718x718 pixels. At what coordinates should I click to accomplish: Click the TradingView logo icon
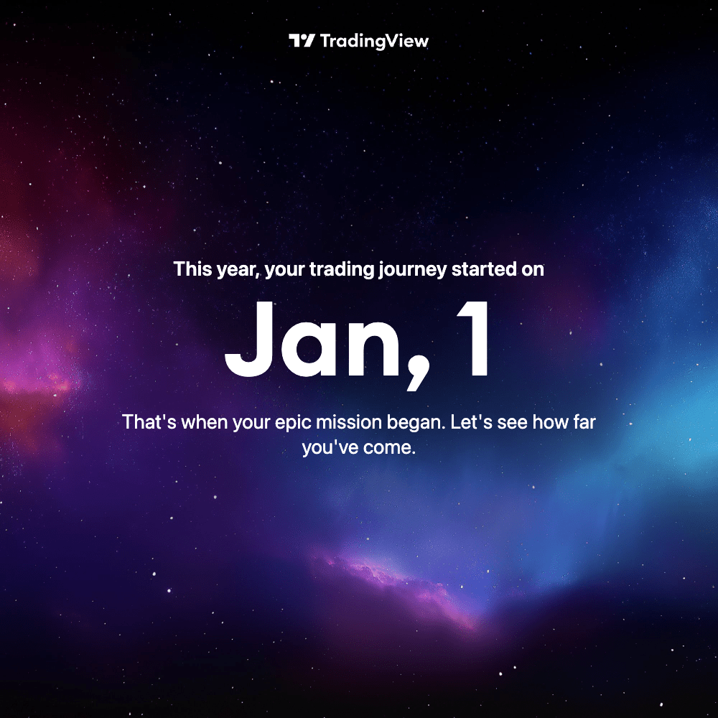tap(302, 41)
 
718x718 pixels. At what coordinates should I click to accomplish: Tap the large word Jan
tap(312, 340)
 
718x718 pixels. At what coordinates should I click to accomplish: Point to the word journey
tap(412, 270)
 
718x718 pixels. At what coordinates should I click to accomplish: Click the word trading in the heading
tap(340, 269)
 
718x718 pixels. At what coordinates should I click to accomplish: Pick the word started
tap(483, 269)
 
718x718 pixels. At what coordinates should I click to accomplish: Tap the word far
tap(584, 421)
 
